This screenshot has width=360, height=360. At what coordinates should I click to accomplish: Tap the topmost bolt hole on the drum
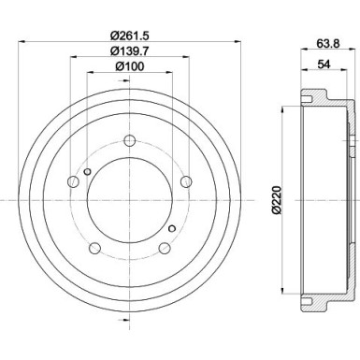coord(129,140)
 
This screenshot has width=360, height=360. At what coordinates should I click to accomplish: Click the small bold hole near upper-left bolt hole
coord(87,171)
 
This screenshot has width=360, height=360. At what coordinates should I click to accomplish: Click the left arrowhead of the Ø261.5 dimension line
coord(21,42)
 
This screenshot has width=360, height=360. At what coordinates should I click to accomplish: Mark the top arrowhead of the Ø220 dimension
coord(285,111)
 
